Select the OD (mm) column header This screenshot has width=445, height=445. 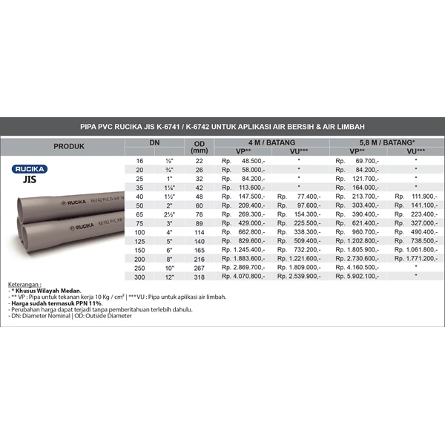(199, 146)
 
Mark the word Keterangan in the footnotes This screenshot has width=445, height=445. (25, 285)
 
